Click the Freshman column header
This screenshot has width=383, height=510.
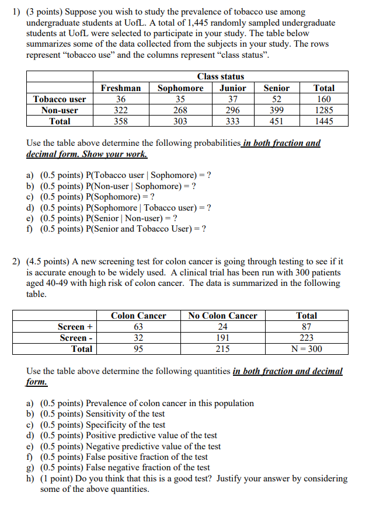(121, 88)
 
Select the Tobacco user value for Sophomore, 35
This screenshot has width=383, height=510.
(180, 99)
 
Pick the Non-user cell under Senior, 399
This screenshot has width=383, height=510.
(276, 110)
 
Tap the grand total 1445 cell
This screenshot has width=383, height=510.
(324, 121)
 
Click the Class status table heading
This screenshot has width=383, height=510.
(221, 76)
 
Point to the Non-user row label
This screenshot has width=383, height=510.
(60, 110)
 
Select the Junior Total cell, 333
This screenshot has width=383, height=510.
(232, 121)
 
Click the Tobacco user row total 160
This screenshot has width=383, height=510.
(324, 99)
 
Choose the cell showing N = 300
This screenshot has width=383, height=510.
(307, 349)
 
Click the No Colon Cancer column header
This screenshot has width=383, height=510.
(222, 316)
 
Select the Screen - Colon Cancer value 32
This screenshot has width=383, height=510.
(138, 338)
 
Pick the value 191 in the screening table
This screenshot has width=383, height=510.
(222, 338)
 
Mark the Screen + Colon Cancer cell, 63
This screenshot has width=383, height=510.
(138, 327)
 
